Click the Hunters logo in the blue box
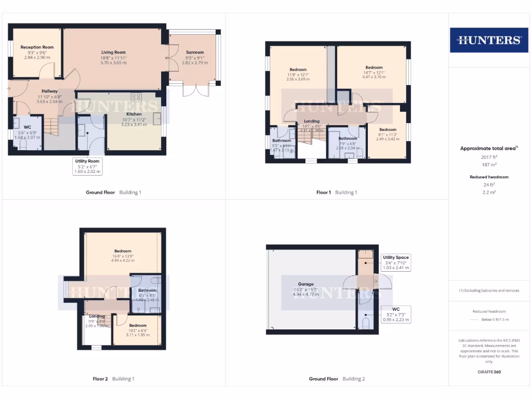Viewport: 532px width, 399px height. point(488,40)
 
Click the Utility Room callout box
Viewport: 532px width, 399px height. point(87,166)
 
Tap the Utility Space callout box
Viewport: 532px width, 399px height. point(396,262)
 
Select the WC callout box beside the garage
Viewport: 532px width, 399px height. point(396,314)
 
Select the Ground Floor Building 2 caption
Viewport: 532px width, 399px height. point(337,379)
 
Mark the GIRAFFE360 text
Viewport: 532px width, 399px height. point(489,372)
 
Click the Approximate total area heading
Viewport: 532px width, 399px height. point(488,149)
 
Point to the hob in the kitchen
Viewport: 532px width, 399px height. point(137,97)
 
